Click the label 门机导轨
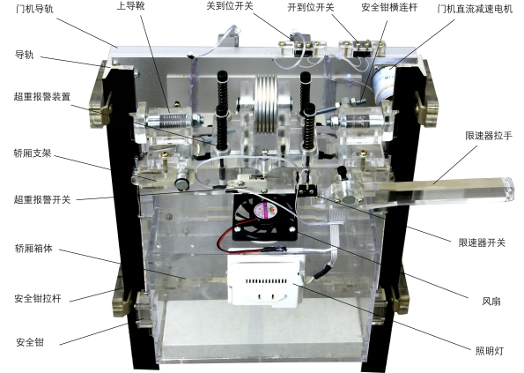point(34,9)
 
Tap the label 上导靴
point(130,6)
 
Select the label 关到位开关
point(230,5)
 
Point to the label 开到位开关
point(311,7)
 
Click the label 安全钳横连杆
point(389,7)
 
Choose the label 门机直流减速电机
point(475,9)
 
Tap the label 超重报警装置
point(42,96)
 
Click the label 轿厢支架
point(33,153)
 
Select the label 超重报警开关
point(42,199)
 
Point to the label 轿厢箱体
point(33,248)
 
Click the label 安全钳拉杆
point(38,298)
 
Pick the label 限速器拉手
point(489,136)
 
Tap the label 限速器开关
point(482,242)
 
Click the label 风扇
point(491,302)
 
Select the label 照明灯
point(490,351)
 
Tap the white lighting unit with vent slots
point(266,280)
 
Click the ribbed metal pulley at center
point(266,104)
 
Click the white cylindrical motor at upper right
point(384,85)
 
